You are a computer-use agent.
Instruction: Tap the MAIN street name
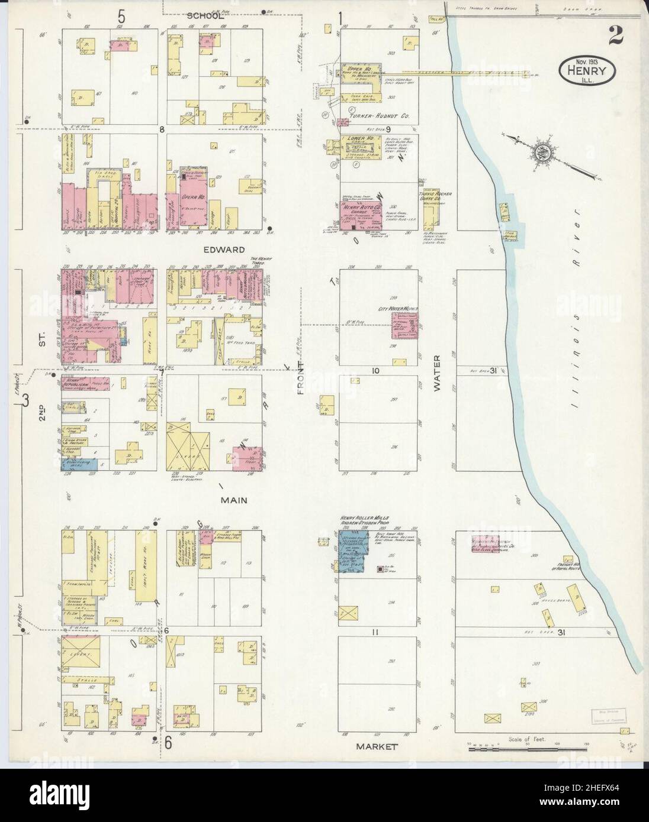pos(233,500)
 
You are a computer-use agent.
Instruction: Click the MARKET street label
pos(377,746)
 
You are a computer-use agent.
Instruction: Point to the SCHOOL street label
pos(205,16)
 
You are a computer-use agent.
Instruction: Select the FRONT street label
pos(301,377)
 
